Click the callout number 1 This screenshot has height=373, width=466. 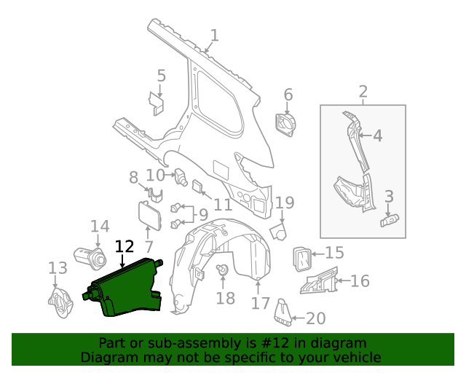(x=214, y=35)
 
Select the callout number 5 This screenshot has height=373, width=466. (x=161, y=76)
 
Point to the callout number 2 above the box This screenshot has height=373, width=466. (x=363, y=93)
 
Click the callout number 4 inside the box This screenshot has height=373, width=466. (x=377, y=136)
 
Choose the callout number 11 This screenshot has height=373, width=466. (x=222, y=205)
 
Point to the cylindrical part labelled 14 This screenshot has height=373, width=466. (x=87, y=256)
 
